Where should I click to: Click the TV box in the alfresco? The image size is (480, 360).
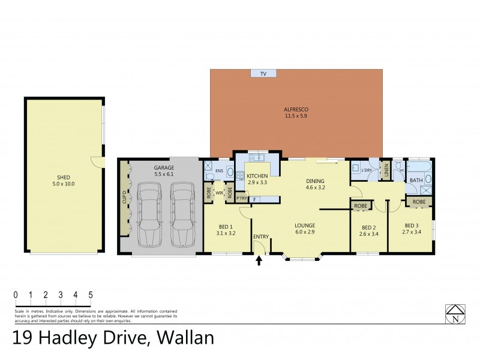tap(263, 73)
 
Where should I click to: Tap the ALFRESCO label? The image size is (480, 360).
tap(296, 109)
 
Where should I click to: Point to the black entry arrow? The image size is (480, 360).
tap(259, 260)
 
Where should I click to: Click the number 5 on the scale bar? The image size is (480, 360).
tap(90, 295)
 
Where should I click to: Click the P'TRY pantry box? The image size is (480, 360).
tap(242, 199)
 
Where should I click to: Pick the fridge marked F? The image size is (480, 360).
tap(256, 199)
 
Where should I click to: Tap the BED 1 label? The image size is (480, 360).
tap(227, 227)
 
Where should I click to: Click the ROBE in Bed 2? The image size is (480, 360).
tap(361, 206)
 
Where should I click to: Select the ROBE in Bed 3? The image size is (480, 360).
tap(419, 202)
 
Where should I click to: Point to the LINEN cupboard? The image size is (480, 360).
tap(387, 171)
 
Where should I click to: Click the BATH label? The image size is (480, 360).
tap(416, 180)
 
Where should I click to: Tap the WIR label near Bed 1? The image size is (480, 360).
tap(220, 193)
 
